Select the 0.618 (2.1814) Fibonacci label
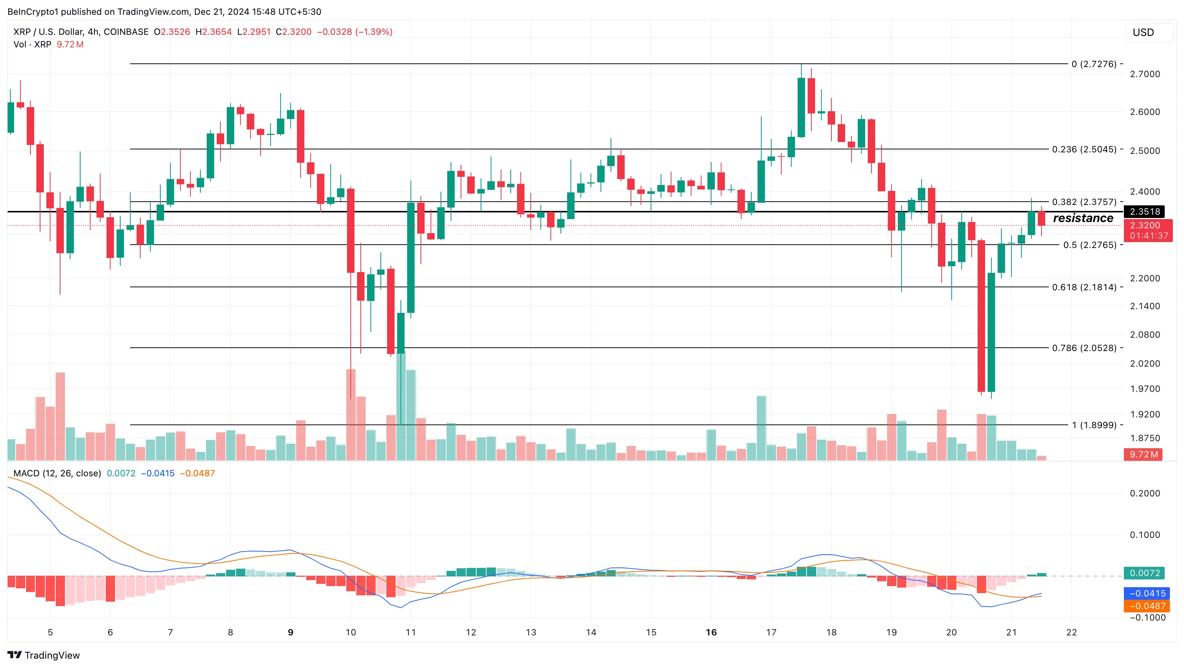(x=1084, y=287)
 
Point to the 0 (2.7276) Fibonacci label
(x=1093, y=64)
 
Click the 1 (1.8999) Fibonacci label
(x=1094, y=425)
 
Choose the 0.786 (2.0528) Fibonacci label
(x=1084, y=348)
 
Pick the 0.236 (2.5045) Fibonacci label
(x=1084, y=149)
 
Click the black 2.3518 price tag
(x=1145, y=212)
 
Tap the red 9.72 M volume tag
(x=1143, y=454)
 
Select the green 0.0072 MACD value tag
(x=1145, y=573)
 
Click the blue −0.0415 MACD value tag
(x=1145, y=593)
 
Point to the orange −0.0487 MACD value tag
(x=1145, y=606)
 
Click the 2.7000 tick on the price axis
(x=1145, y=74)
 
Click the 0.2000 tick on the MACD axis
(x=1145, y=493)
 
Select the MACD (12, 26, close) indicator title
(x=57, y=473)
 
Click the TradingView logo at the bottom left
(x=44, y=655)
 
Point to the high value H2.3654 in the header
(x=213, y=32)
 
